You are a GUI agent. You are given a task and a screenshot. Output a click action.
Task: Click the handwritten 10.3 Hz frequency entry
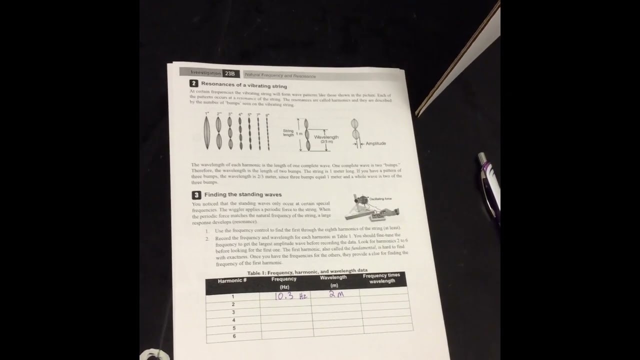(290, 296)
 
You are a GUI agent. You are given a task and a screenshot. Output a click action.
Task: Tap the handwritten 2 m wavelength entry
(336, 294)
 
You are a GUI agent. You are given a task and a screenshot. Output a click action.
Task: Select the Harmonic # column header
(232, 281)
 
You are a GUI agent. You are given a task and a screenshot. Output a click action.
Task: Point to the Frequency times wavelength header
(381, 278)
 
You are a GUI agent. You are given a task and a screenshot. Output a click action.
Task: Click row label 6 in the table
(233, 336)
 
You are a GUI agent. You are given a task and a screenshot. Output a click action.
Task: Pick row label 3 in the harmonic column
(233, 312)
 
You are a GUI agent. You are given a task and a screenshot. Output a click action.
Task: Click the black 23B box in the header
(230, 73)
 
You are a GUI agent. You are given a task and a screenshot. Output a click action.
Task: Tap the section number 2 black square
(193, 84)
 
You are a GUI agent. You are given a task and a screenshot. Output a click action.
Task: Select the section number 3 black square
(196, 195)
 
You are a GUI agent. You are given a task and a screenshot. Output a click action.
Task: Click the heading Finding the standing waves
(243, 194)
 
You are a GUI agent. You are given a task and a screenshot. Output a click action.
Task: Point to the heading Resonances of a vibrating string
(244, 85)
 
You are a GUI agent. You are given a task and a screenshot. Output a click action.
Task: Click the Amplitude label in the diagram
(375, 143)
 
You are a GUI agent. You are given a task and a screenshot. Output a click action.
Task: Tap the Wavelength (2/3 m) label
(326, 138)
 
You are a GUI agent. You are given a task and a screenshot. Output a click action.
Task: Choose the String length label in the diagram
(288, 133)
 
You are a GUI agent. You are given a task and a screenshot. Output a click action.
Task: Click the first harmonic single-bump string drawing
(207, 132)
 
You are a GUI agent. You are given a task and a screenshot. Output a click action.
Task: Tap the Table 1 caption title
(307, 271)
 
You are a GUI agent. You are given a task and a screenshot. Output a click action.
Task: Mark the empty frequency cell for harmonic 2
(286, 304)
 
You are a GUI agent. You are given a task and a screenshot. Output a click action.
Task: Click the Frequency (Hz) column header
(284, 282)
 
